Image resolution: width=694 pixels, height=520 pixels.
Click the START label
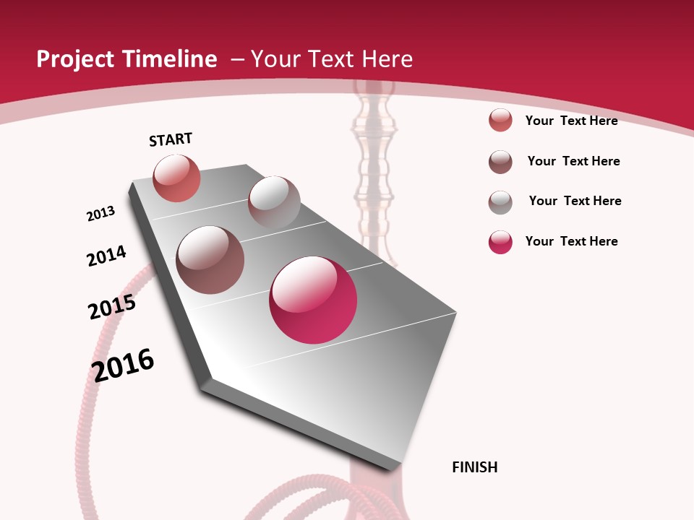(171, 139)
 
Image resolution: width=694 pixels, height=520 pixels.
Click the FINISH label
(475, 467)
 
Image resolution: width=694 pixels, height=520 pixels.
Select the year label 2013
(100, 214)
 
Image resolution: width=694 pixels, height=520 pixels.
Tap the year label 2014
(106, 256)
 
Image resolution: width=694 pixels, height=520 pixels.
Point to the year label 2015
(112, 307)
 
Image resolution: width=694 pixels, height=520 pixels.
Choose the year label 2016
(123, 365)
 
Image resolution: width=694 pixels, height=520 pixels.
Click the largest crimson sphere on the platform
(313, 300)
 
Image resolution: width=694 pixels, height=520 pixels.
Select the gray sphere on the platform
(274, 201)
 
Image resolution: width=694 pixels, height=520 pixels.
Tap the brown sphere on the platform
(210, 259)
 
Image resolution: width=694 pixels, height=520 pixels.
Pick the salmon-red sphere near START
(176, 178)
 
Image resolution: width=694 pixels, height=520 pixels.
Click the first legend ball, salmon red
(500, 120)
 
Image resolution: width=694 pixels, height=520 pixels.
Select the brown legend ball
(500, 162)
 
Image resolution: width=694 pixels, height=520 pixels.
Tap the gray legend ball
(500, 202)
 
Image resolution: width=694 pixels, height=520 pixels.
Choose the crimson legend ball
(500, 242)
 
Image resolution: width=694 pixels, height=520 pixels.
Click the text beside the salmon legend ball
(571, 121)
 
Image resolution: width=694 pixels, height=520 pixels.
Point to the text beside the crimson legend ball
(571, 241)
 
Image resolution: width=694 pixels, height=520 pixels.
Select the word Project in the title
(74, 59)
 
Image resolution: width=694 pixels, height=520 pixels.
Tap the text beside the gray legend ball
(575, 201)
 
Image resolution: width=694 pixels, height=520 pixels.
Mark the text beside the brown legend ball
(573, 161)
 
